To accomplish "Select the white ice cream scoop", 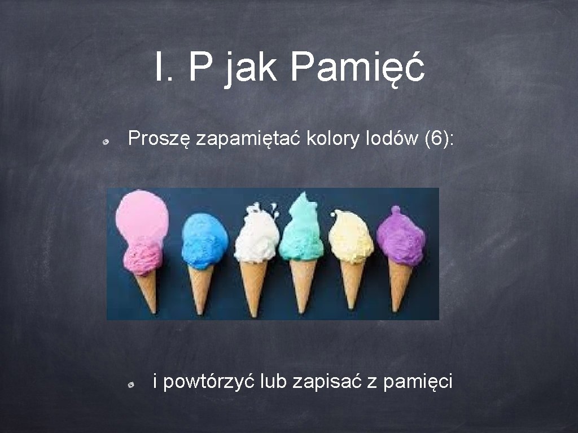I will point(257,237).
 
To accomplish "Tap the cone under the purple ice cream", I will point(400,285).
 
